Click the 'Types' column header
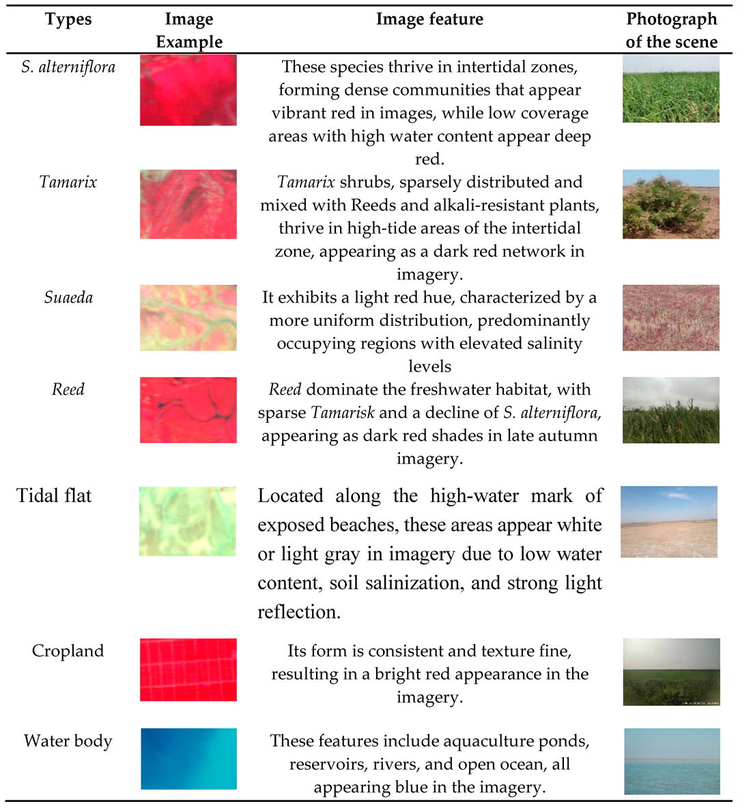tap(68, 19)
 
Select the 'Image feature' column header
tap(429, 19)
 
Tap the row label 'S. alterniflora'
tap(68, 67)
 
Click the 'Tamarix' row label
tap(68, 182)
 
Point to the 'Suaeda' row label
tap(68, 298)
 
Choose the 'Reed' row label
tap(68, 390)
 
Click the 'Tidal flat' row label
tap(54, 496)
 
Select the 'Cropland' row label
tap(68, 651)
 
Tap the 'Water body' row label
tap(68, 741)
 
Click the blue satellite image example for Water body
tap(188, 759)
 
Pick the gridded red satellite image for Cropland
tap(188, 669)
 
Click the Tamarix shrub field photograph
tap(671, 204)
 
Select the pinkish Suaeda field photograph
tap(671, 318)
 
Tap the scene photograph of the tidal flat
tap(669, 522)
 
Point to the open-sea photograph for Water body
tap(672, 761)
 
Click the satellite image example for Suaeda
tap(188, 318)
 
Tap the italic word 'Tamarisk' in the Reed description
tap(343, 413)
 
